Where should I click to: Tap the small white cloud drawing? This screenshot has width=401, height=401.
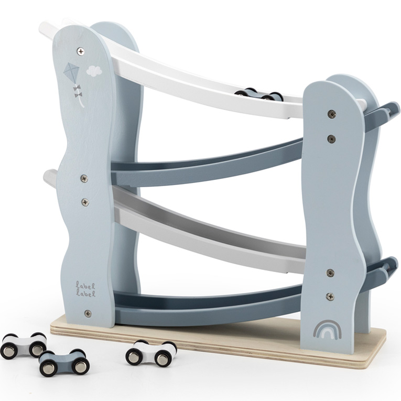(x=94, y=71)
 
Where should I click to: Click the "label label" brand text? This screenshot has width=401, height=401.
(x=85, y=289)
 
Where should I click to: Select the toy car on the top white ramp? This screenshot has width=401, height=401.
(x=259, y=94)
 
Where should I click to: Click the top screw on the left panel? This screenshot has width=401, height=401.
(x=81, y=51)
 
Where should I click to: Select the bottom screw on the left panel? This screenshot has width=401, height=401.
(x=88, y=313)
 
